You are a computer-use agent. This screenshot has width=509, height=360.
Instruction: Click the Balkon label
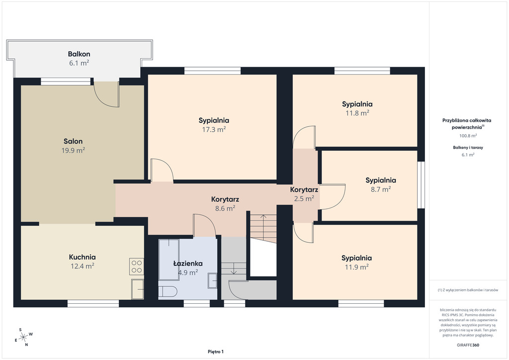[79, 54]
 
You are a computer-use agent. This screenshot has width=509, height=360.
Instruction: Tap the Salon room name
[73, 141]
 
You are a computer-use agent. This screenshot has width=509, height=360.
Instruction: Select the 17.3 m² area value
[214, 129]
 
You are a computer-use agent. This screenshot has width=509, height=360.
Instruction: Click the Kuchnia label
[82, 257]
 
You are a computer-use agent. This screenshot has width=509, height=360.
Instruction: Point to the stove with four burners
[136, 267]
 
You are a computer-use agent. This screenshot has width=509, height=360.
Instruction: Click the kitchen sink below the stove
[137, 289]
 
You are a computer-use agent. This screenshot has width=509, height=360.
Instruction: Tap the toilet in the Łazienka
[168, 291]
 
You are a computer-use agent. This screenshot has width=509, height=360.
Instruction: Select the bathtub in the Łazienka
[169, 260]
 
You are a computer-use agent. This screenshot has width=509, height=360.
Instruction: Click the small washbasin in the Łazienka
[212, 280]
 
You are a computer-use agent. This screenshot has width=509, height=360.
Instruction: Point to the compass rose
[23, 338]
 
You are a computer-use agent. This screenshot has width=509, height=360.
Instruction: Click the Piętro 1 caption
[216, 352]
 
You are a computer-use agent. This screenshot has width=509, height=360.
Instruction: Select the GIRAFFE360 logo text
[468, 345]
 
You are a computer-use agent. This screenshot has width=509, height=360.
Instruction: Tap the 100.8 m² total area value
[468, 136]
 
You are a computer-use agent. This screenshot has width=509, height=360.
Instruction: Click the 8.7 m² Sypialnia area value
[381, 189]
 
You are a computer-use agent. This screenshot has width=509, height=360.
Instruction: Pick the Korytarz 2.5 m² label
[304, 194]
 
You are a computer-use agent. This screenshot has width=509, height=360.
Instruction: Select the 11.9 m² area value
[356, 267]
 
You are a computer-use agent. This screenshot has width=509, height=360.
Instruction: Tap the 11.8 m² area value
[357, 113]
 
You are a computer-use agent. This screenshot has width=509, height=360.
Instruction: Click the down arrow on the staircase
[234, 268]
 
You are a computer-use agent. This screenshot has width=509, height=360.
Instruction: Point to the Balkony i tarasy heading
[468, 147]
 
